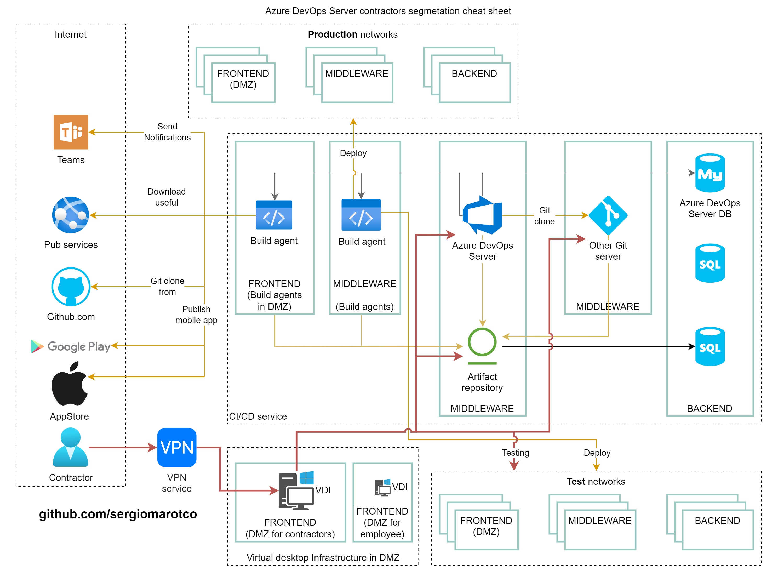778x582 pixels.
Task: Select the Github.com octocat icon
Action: point(71,286)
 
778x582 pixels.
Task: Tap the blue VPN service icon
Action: point(176,447)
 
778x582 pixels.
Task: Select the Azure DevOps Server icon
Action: point(482,215)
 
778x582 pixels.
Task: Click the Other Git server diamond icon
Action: point(608,215)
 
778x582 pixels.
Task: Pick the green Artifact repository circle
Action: point(482,342)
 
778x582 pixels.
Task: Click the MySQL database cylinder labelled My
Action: point(710,173)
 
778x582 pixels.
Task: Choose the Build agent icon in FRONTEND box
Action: point(274,215)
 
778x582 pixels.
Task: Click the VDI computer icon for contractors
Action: point(296,490)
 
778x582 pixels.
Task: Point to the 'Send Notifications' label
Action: point(167,132)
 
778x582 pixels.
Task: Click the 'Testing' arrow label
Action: point(515,453)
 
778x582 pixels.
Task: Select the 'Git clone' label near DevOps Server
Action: point(545,215)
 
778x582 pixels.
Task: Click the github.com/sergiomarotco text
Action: point(118,514)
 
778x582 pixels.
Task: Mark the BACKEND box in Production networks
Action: point(474,83)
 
